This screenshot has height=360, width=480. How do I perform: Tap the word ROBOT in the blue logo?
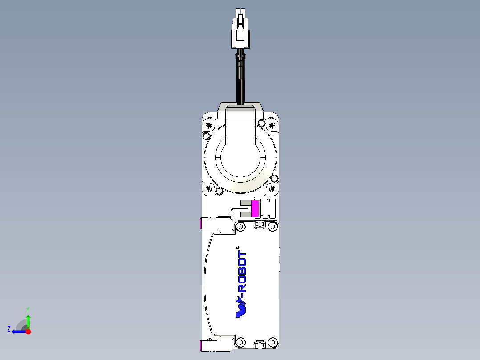point(242,272)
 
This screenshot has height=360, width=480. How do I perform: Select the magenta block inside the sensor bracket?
point(255,209)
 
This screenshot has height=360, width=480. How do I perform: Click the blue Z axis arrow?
point(18,331)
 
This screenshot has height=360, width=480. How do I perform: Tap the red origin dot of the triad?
point(28,331)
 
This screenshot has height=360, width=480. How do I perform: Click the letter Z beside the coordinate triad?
point(9,329)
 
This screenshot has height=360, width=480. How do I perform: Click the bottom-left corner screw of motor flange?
point(219,191)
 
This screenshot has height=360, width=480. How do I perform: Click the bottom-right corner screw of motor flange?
point(274,179)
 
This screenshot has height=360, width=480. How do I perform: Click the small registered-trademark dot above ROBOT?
point(237,248)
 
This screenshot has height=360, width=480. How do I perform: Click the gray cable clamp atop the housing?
point(240,108)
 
